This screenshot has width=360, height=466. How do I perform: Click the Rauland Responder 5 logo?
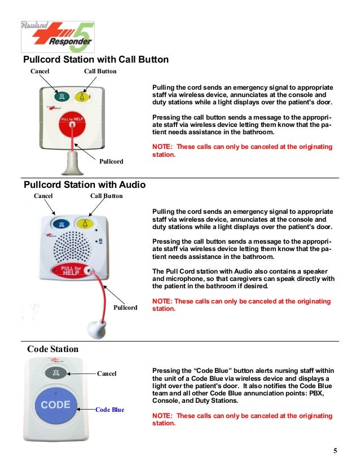pos(58,37)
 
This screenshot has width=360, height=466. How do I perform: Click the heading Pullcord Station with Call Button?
pos(95,60)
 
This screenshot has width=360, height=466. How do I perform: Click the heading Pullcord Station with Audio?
pos(84,184)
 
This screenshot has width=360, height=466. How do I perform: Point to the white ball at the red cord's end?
pos(93,327)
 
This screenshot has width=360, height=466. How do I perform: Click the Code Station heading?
pos(53,349)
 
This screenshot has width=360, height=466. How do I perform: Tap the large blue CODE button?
pos(56,405)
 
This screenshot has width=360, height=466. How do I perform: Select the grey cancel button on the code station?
pos(56,373)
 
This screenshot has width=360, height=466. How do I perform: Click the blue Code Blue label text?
pos(109,410)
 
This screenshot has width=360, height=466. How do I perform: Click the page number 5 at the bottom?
pos(335,450)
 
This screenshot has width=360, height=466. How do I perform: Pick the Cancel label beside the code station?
pos(107,373)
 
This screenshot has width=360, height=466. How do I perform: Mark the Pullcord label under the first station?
pos(111,161)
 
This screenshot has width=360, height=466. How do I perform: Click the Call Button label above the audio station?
pos(106,196)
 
